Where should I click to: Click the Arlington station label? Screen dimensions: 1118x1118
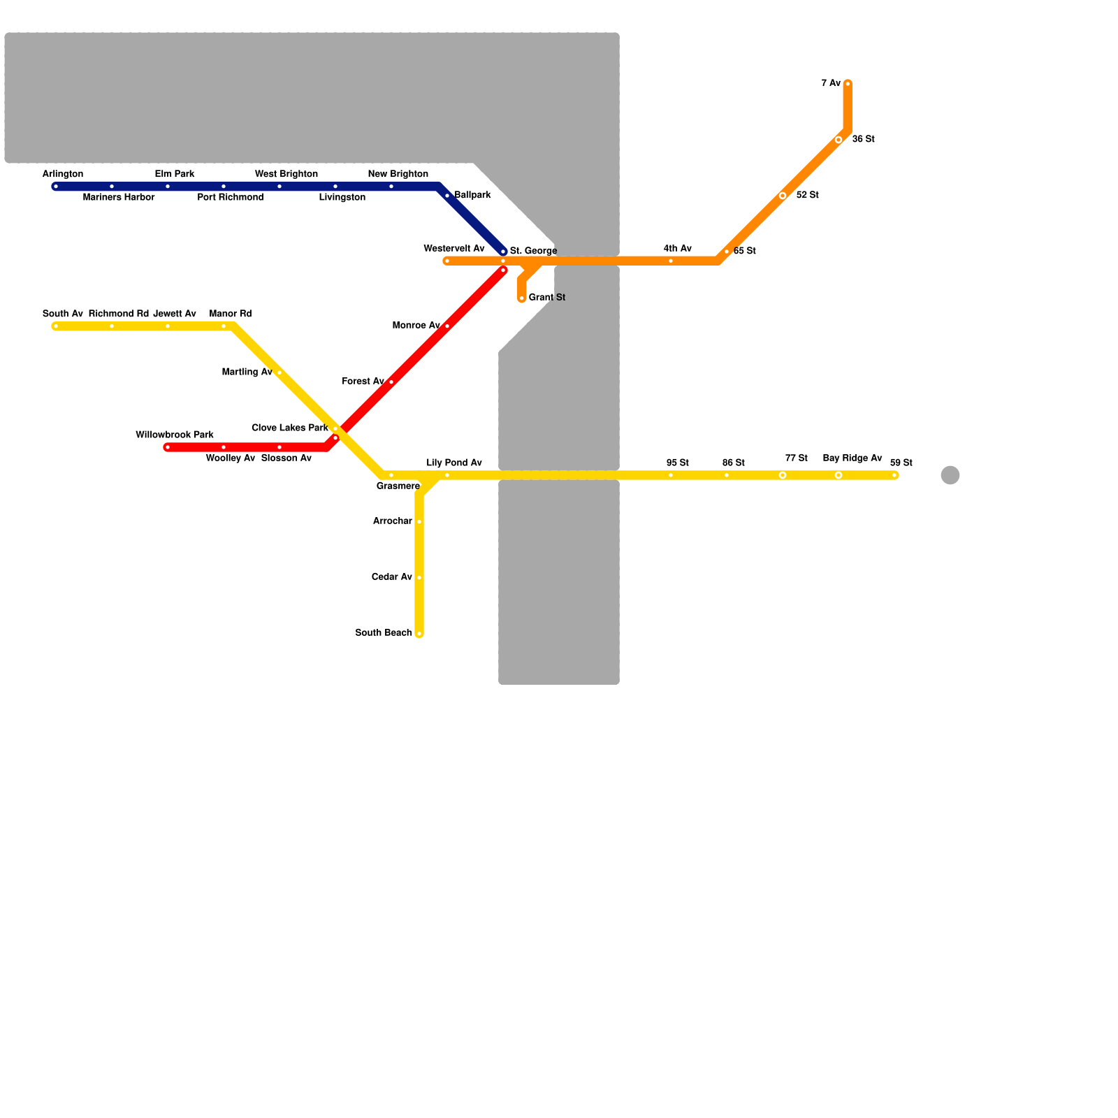tap(63, 174)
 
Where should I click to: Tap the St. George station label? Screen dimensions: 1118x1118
tap(532, 251)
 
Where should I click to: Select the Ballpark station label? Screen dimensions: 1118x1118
tap(472, 195)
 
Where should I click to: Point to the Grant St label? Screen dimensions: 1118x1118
tap(546, 298)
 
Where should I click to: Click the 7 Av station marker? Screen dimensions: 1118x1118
tap(848, 84)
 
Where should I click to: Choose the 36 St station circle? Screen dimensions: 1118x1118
tap(838, 140)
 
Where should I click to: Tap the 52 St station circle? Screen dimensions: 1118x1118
tap(783, 196)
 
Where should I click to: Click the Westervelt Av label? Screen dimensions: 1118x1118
tap(453, 249)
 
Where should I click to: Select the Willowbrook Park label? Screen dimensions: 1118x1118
tap(175, 435)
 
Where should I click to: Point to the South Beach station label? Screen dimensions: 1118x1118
tap(383, 633)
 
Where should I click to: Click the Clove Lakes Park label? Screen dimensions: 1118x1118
tap(289, 428)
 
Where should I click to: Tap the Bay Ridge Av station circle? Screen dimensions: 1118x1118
tap(838, 475)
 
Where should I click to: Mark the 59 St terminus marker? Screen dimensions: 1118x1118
tap(894, 475)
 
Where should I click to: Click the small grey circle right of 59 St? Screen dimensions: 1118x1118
tap(950, 475)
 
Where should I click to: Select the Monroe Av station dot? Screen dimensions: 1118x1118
tap(447, 326)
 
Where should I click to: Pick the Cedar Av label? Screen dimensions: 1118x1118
tap(391, 577)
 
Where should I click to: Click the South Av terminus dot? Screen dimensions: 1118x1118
tap(56, 326)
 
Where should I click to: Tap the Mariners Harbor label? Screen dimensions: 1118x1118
tap(119, 198)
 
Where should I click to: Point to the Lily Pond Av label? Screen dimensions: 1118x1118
tap(454, 463)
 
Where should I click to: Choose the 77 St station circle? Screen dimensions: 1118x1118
tap(783, 475)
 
